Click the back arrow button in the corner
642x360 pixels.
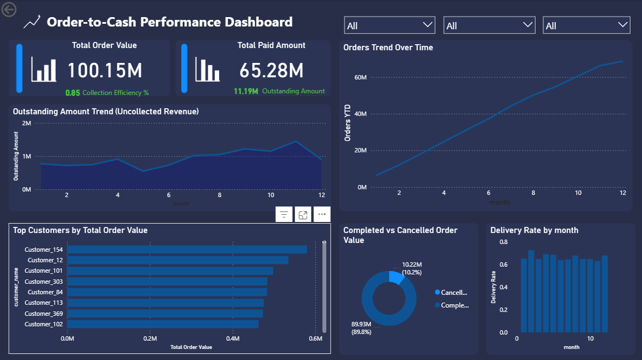pos(9,9)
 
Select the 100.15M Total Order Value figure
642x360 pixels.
pos(105,71)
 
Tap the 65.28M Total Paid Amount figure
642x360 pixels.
pos(272,71)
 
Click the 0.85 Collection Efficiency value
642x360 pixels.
pos(72,93)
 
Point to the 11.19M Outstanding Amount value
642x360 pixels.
pos(246,91)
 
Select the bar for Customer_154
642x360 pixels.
pos(187,250)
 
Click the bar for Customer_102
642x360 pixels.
pos(163,324)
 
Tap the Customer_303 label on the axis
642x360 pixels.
pos(44,282)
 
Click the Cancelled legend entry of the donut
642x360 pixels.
pos(452,293)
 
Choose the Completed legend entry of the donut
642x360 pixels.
pos(452,305)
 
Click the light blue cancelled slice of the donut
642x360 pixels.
pos(395,277)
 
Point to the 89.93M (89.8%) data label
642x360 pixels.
pos(361,328)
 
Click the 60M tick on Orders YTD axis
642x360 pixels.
pos(360,77)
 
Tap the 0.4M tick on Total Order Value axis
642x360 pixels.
pos(232,338)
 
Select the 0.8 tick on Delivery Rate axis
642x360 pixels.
pos(503,242)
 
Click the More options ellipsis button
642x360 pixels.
pos(322,215)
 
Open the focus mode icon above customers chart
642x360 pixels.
pos(303,215)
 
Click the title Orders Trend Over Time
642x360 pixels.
pos(388,47)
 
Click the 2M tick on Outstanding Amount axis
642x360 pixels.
pos(26,123)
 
